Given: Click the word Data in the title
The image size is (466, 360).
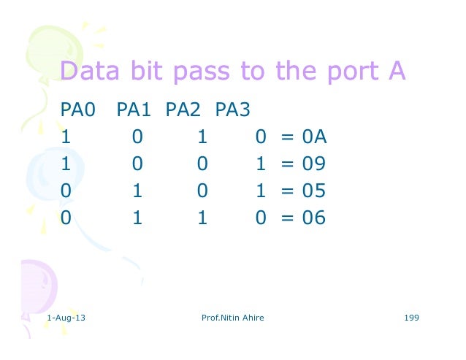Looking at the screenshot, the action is pyautogui.click(x=84, y=72).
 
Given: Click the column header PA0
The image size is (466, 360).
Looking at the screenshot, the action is pyautogui.click(x=78, y=110).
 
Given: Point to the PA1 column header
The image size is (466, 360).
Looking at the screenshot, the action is pyautogui.click(x=133, y=110).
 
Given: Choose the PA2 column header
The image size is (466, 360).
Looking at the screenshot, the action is pyautogui.click(x=183, y=110).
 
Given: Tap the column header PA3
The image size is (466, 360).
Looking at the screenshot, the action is pyautogui.click(x=233, y=110).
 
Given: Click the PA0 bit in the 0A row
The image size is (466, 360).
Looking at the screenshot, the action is pyautogui.click(x=66, y=137).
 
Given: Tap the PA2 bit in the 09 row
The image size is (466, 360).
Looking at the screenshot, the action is pyautogui.click(x=202, y=164).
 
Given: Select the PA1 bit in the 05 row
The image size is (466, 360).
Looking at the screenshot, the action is pyautogui.click(x=137, y=191).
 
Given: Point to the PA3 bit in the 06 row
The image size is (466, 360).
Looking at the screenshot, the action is pyautogui.click(x=260, y=218).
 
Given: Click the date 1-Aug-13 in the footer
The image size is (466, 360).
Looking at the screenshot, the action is pyautogui.click(x=65, y=318).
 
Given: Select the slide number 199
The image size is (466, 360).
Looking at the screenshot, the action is pyautogui.click(x=410, y=318).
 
